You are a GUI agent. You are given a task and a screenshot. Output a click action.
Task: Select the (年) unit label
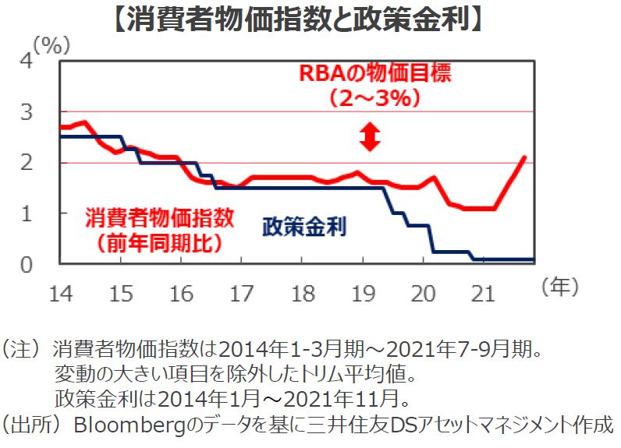tap(560, 287)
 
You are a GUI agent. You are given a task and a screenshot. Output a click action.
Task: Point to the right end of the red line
tap(524, 157)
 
